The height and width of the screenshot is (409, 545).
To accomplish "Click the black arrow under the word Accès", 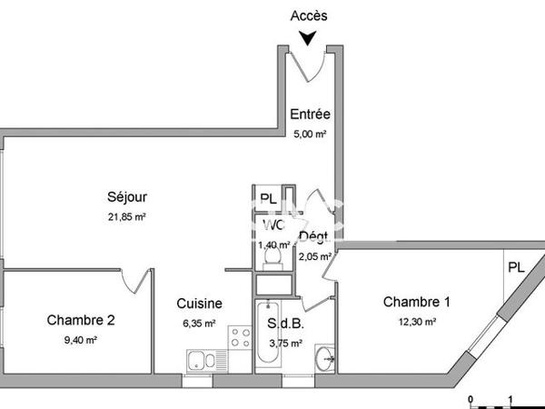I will pyautogui.click(x=309, y=37).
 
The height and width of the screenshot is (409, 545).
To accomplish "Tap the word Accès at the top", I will pyautogui.click(x=309, y=15).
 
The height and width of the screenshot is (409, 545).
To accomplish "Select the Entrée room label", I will pyautogui.click(x=310, y=115).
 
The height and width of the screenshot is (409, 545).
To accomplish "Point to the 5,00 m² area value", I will pyautogui.click(x=309, y=133).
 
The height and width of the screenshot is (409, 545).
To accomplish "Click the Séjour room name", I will pyautogui.click(x=127, y=197).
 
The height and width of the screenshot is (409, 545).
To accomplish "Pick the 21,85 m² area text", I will pyautogui.click(x=127, y=216).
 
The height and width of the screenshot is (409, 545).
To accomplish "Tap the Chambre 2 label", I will pyautogui.click(x=81, y=320).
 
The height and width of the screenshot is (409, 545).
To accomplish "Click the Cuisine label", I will pyautogui.click(x=199, y=304).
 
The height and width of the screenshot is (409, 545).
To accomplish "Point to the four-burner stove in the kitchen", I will pyautogui.click(x=239, y=339).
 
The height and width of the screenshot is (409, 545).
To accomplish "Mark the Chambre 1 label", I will pyautogui.click(x=417, y=302).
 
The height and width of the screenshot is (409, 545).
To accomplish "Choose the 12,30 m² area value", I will pyautogui.click(x=417, y=321).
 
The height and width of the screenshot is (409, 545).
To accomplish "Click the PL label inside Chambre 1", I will pyautogui.click(x=516, y=267).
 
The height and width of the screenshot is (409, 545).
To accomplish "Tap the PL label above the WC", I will pyautogui.click(x=268, y=199).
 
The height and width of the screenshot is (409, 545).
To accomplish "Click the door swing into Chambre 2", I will pyautogui.click(x=136, y=282).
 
